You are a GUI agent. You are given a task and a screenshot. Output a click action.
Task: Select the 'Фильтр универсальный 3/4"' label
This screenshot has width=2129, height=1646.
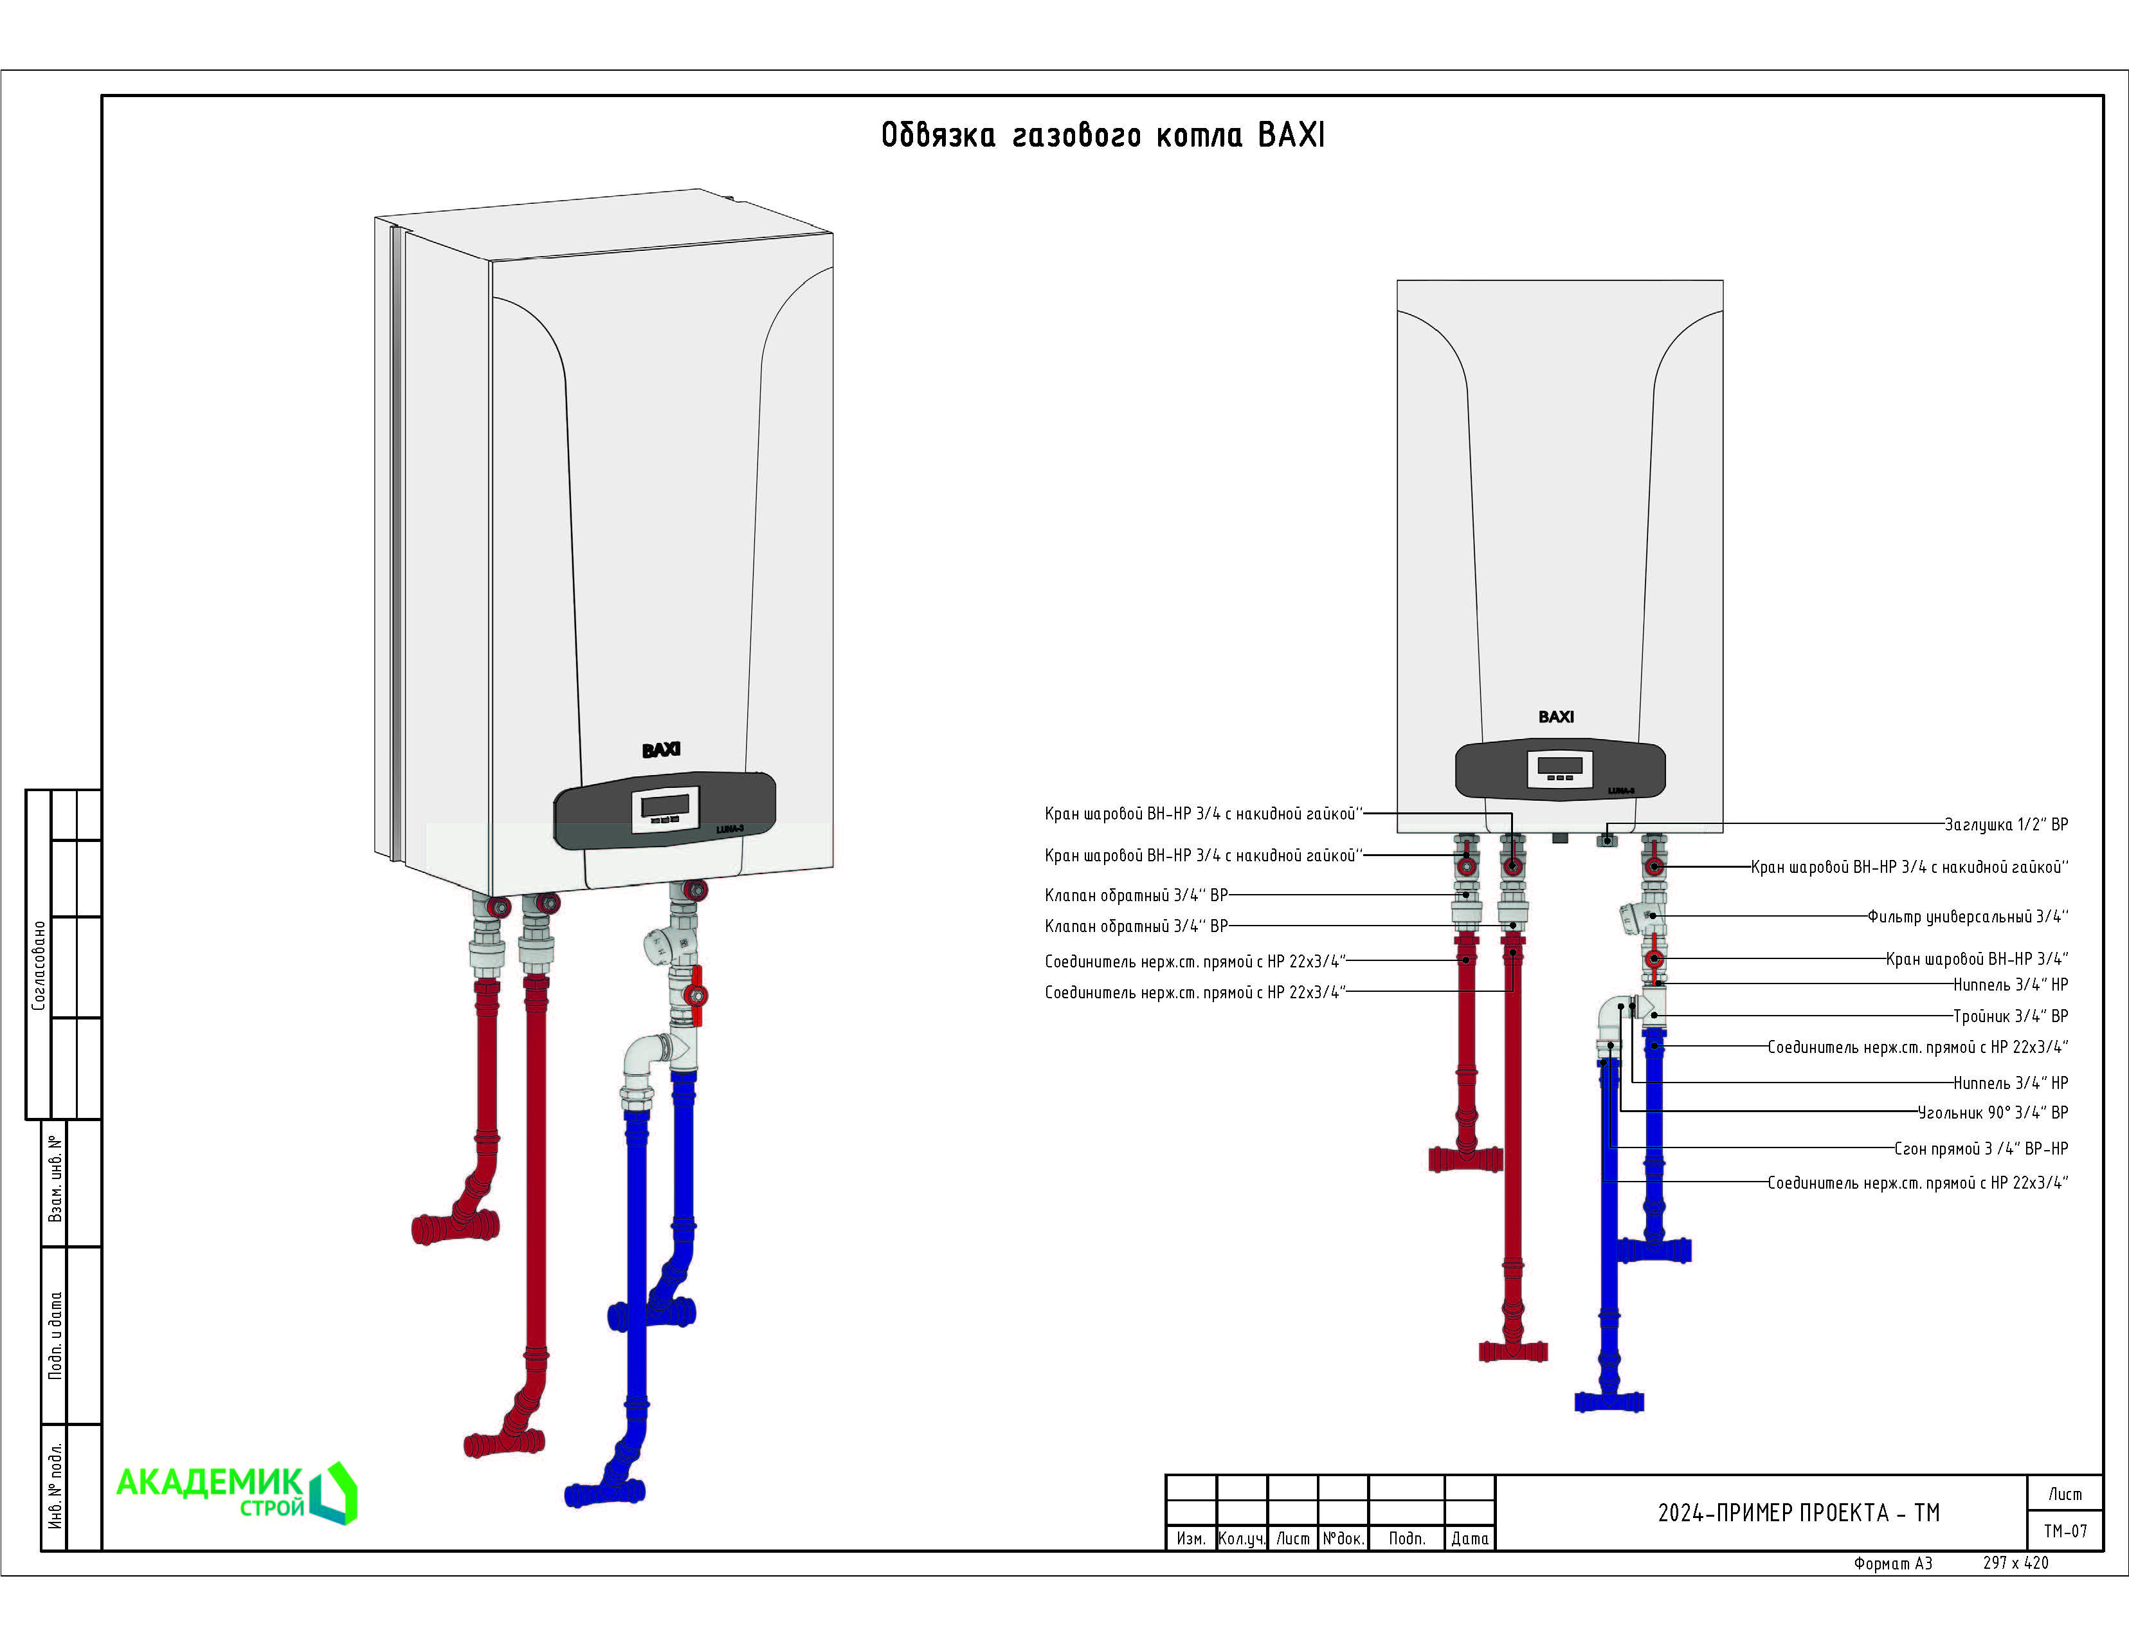tap(1967, 917)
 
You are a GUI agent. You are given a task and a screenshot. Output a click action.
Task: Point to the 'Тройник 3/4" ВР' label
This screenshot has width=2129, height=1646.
tap(2010, 1016)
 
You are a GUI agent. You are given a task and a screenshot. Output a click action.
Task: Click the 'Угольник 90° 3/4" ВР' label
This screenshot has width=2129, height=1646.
tap(1993, 1113)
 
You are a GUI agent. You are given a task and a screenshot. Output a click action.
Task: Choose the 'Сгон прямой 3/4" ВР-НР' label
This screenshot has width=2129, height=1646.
tap(1981, 1149)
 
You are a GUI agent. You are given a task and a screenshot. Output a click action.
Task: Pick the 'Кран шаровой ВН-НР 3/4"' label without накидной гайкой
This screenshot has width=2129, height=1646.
tap(1976, 960)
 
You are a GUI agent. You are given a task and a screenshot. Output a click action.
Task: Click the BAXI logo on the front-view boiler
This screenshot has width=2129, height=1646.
tap(1556, 717)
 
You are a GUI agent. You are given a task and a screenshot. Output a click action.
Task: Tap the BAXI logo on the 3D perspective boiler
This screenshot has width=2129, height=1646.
tap(661, 750)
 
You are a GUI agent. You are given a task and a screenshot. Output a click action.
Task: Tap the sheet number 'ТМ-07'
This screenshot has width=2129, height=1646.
tap(2065, 1531)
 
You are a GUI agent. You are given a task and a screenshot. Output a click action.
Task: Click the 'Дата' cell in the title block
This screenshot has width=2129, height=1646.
tap(1469, 1539)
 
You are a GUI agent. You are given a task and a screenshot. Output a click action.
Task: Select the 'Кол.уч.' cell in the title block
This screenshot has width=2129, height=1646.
tap(1242, 1539)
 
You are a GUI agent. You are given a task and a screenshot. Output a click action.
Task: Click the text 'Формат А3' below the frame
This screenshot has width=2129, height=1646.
tap(1892, 1563)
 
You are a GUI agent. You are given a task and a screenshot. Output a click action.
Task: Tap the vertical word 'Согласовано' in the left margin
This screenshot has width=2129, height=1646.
tap(39, 965)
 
